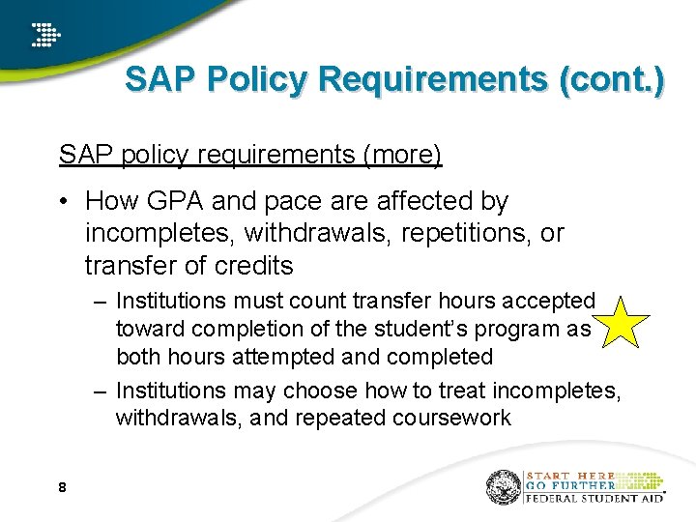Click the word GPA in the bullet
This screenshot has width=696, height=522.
[173, 201]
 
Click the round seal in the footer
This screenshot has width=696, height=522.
[504, 487]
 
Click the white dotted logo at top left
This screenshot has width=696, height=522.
[44, 35]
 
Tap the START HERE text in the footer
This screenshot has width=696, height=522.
[570, 476]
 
